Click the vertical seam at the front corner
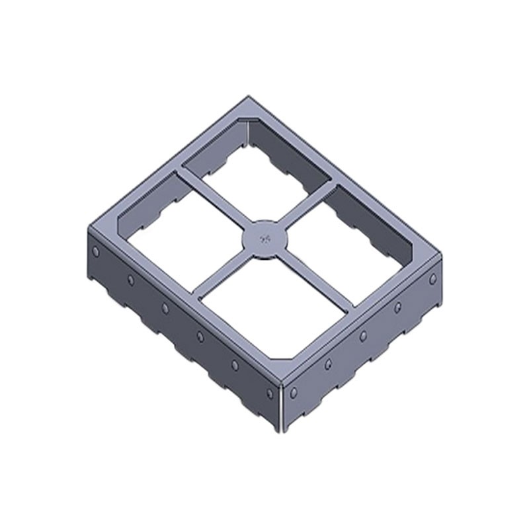coord(282,407)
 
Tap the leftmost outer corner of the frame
coord(89,228)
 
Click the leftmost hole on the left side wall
coord(97,252)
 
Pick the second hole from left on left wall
coord(131,280)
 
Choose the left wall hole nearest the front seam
coord(269,394)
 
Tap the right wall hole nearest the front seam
coord(294,392)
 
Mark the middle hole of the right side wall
coord(363,336)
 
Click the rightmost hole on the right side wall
coord(433,279)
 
